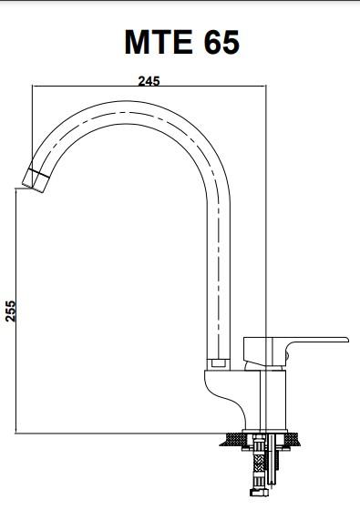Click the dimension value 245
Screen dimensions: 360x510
click(x=149, y=81)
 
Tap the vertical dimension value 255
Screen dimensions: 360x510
click(x=11, y=311)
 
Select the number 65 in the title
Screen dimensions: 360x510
click(x=221, y=42)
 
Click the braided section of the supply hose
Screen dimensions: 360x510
click(x=259, y=463)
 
